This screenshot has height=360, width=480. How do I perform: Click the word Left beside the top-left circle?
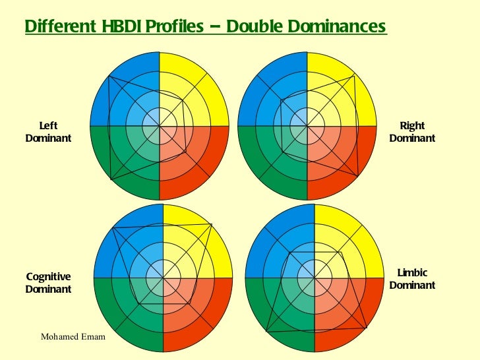coord(48,125)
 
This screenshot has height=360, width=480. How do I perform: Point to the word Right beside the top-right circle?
coord(412,125)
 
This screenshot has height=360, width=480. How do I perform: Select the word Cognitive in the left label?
coord(48,277)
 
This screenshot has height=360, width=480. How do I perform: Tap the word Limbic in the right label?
coord(412,273)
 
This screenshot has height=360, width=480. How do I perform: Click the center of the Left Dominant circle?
coord(159,125)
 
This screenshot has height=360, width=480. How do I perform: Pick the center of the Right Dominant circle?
coord(307,125)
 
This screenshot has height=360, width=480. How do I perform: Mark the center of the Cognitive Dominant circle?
coord(163,278)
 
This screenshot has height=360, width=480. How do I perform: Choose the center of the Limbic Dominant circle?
coord(314,278)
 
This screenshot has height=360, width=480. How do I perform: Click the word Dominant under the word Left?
coord(48,138)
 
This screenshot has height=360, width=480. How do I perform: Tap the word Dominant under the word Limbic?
coord(412,285)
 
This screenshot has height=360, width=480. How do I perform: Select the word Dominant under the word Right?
coord(412,138)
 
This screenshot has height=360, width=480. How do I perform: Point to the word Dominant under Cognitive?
coord(48,289)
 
